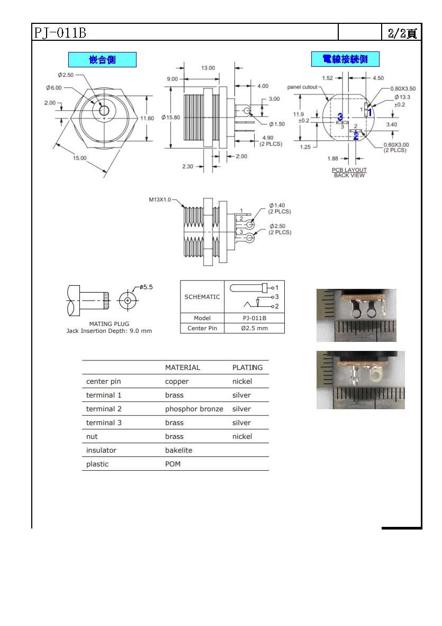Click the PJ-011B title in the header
(60, 32)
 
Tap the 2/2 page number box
(402, 32)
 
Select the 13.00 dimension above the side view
(208, 68)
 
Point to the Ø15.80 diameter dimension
(170, 117)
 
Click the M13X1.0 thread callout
(160, 200)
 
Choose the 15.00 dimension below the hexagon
(79, 158)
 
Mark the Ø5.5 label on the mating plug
(146, 287)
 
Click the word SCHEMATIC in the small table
(202, 297)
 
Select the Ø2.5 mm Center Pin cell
(254, 328)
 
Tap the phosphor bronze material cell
(194, 409)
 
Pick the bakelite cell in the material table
(178, 451)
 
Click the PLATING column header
(248, 368)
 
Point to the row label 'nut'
(92, 437)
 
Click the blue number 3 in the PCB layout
(340, 117)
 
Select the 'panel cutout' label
(302, 87)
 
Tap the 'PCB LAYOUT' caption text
(349, 170)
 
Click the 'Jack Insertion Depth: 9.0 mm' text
(109, 331)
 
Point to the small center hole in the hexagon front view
(104, 110)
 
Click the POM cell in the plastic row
(173, 464)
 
